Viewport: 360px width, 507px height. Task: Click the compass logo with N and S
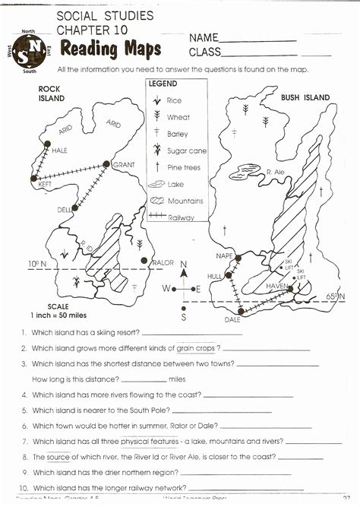[28, 51]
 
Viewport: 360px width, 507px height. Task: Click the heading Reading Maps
[111, 49]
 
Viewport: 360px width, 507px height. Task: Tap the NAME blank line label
[204, 37]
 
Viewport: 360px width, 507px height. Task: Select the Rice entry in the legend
[174, 100]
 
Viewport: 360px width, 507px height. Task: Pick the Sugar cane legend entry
[186, 151]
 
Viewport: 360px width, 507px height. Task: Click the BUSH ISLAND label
[305, 97]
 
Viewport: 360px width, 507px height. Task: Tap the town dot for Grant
[106, 163]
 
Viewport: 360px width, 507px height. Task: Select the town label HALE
[59, 151]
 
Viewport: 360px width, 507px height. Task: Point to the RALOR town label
[163, 262]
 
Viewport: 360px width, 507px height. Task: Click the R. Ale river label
[275, 173]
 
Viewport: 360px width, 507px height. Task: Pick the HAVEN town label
[276, 285]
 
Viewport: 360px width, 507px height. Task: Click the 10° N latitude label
[37, 264]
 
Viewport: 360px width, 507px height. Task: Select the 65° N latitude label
[334, 295]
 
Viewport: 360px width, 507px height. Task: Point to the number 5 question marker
[25, 410]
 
